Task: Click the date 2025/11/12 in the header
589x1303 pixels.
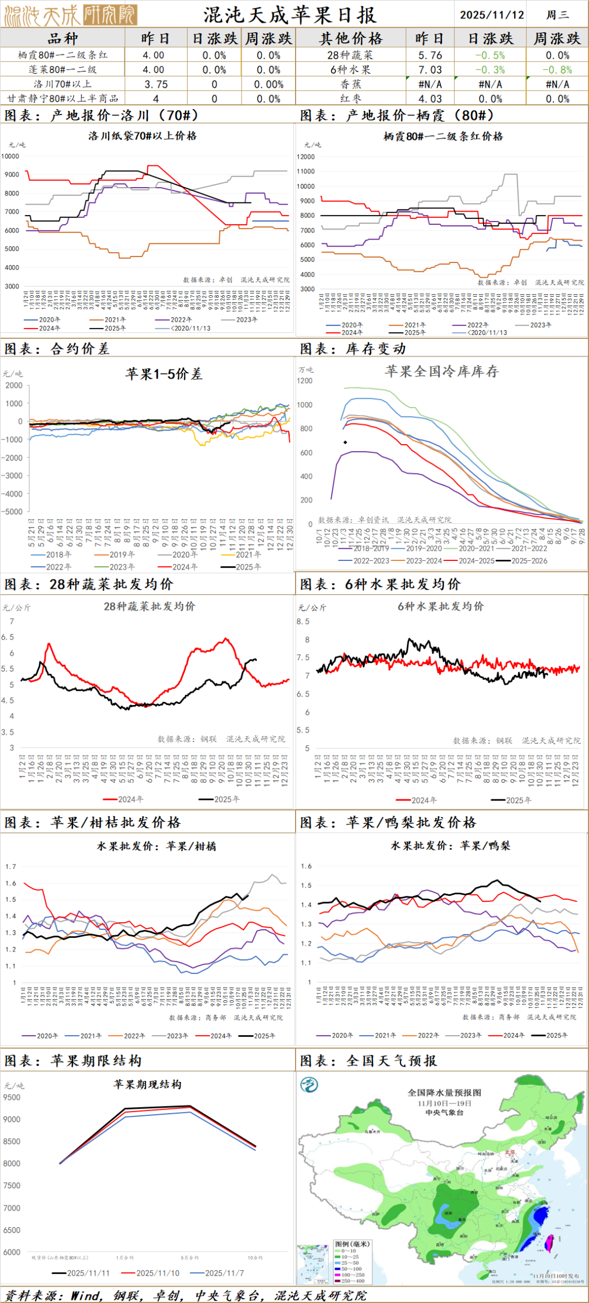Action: tap(491, 15)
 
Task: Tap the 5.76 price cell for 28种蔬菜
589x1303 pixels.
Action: tap(430, 55)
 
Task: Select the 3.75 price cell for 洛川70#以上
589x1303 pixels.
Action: tap(156, 84)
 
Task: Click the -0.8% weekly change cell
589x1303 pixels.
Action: tap(557, 70)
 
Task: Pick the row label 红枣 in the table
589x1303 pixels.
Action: tap(351, 99)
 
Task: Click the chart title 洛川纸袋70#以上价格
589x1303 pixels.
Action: tap(142, 136)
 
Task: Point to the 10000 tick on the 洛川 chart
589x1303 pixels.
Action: tap(10, 156)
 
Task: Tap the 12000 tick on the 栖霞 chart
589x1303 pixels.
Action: tap(306, 157)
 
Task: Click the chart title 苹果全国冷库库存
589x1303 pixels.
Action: tap(441, 372)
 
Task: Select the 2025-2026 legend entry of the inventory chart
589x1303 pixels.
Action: tap(528, 560)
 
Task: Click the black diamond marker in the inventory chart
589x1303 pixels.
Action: tap(345, 442)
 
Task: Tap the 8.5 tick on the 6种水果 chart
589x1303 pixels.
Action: tap(303, 621)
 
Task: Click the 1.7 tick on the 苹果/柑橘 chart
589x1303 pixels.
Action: tap(11, 866)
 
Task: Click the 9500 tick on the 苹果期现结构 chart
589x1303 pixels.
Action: tap(11, 1097)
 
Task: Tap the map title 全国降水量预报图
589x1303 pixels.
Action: tap(444, 1092)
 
